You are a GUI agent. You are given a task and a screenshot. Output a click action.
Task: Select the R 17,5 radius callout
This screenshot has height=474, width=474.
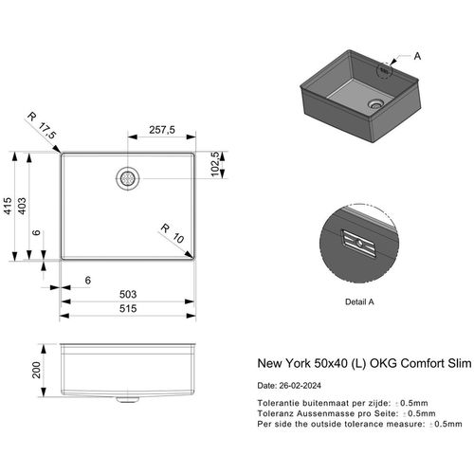(x=43, y=129)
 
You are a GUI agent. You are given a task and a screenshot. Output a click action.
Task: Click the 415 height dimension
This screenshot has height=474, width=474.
(x=10, y=207)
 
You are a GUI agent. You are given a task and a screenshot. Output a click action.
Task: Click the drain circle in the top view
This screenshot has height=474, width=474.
(x=128, y=176)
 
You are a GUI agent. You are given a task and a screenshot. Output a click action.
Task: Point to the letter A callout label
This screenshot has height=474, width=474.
(x=415, y=55)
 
